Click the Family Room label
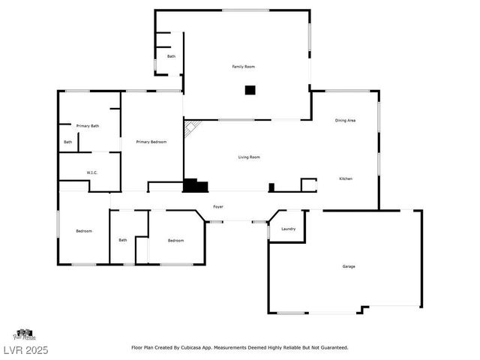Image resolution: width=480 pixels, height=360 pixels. (244, 67)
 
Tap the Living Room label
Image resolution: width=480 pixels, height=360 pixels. (249, 157)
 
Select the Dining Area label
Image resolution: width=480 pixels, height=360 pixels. (345, 120)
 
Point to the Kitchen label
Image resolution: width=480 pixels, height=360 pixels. (346, 178)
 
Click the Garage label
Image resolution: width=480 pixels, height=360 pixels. (349, 266)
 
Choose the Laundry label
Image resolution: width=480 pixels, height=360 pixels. (289, 229)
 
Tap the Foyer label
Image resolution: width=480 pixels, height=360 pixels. (218, 206)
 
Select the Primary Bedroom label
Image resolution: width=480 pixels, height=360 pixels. (151, 142)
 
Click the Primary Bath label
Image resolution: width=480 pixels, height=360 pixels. (88, 126)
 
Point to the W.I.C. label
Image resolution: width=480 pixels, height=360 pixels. (92, 172)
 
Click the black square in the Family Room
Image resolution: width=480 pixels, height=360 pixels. (250, 91)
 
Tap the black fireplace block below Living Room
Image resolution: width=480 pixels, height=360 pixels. (195, 184)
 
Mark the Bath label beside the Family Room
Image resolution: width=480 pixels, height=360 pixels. (171, 56)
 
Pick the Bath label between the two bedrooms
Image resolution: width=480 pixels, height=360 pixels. (123, 240)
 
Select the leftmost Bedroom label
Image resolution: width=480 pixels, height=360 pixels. (84, 231)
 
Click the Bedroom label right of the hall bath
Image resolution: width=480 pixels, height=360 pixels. (175, 240)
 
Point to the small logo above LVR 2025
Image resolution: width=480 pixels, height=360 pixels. (23, 334)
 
